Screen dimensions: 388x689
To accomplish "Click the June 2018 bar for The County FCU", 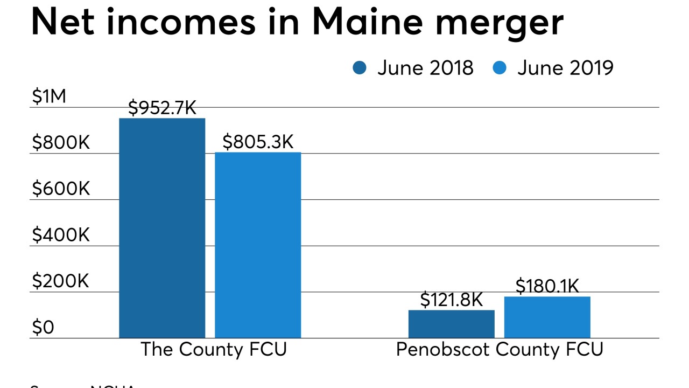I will pyautogui.click(x=162, y=228).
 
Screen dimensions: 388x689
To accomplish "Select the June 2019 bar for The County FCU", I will pyautogui.click(x=258, y=245).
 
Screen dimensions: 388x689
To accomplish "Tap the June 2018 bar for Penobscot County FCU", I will pyautogui.click(x=451, y=324).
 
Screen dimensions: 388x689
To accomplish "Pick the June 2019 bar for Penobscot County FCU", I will pyautogui.click(x=547, y=317).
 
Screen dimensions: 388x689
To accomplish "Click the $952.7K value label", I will pyautogui.click(x=162, y=108).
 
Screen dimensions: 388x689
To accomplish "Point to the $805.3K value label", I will pyautogui.click(x=258, y=142).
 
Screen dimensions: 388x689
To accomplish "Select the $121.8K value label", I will pyautogui.click(x=451, y=300).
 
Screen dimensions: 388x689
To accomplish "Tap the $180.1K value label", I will pyautogui.click(x=547, y=286).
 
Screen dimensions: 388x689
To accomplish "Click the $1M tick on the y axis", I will pyautogui.click(x=48, y=97).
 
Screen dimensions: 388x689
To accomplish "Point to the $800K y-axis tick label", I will pyautogui.click(x=60, y=143).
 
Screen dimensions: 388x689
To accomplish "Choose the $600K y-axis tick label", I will pyautogui.click(x=60, y=189).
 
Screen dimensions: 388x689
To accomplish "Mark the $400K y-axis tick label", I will pyautogui.click(x=60, y=235).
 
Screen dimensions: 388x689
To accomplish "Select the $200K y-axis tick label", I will pyautogui.click(x=60, y=281).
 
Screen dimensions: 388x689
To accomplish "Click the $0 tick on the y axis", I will pyautogui.click(x=43, y=327).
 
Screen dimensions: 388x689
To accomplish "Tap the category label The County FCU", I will pyautogui.click(x=214, y=349).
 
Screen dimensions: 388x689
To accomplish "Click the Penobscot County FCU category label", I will pyautogui.click(x=500, y=349).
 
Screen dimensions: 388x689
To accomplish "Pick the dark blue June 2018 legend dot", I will pyautogui.click(x=360, y=68).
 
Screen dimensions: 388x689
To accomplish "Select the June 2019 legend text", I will pyautogui.click(x=565, y=68).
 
